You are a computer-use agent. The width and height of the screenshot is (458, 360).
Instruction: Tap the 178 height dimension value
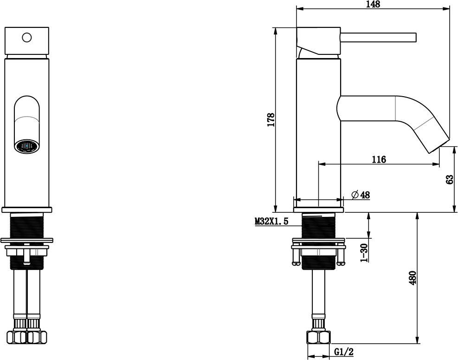(271, 119)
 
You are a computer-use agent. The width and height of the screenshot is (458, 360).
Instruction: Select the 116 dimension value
(379, 159)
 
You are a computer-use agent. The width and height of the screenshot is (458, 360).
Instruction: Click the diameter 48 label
(361, 195)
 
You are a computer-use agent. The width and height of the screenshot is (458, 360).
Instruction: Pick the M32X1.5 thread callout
(271, 222)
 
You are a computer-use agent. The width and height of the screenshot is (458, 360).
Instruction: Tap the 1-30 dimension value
(364, 253)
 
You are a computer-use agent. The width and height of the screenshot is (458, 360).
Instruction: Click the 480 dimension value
(412, 278)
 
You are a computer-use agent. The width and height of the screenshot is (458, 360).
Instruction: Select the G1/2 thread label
(344, 352)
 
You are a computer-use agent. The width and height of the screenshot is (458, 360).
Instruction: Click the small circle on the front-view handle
(27, 38)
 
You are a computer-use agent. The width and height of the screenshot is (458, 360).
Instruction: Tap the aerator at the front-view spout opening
(27, 146)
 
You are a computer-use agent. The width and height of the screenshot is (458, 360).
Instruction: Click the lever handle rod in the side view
(378, 38)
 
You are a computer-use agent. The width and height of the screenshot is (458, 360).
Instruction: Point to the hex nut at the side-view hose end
(319, 337)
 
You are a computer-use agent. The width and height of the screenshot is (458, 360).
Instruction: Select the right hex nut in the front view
(37, 337)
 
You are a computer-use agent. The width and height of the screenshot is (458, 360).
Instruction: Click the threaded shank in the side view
(319, 226)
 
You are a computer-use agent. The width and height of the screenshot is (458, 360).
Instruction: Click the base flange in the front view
(27, 209)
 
